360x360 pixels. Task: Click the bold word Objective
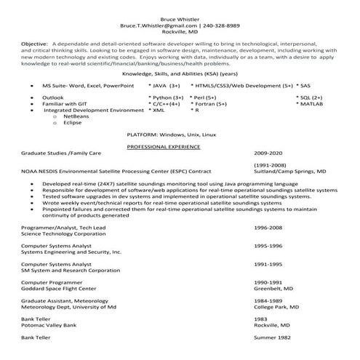34,44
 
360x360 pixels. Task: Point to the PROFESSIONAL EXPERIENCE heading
164,146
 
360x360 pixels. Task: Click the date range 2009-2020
268,154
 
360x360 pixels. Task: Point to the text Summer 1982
272,337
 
